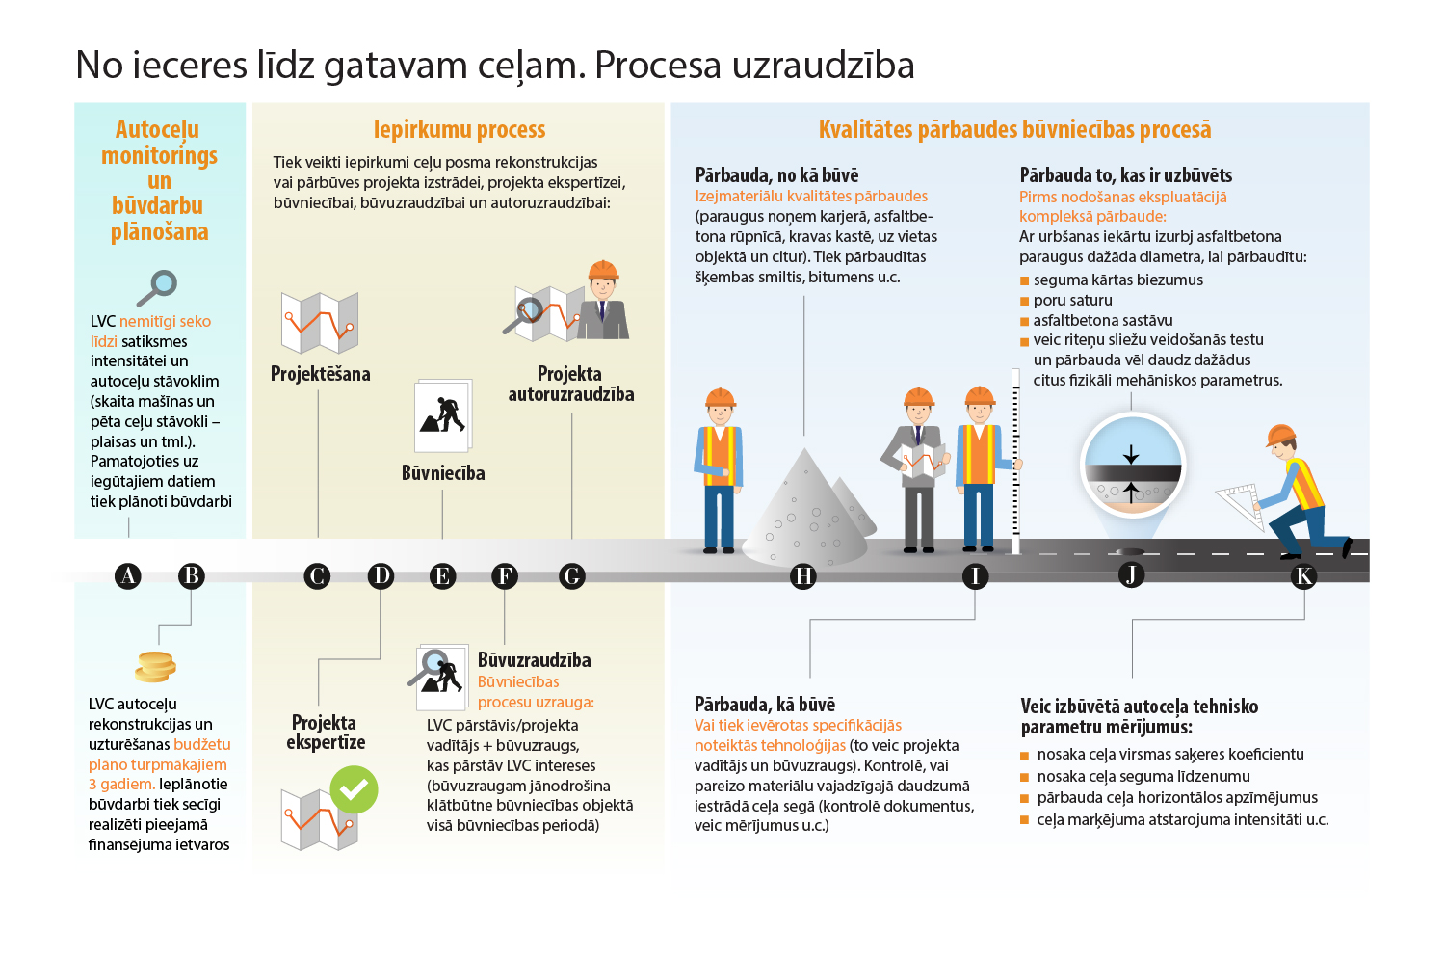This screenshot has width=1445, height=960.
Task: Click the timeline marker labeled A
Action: (x=128, y=576)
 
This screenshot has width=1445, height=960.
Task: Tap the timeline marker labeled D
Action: (x=381, y=576)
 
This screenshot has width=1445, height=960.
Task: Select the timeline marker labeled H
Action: (x=803, y=576)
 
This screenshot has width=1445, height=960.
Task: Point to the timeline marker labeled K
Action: (x=1303, y=576)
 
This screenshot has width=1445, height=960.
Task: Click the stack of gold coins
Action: (x=155, y=666)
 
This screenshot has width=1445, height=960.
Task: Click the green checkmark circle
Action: (x=354, y=790)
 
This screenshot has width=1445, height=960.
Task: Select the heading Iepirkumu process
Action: (x=459, y=130)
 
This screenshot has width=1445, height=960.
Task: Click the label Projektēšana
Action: (x=320, y=374)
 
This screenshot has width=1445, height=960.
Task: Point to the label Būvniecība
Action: (x=443, y=473)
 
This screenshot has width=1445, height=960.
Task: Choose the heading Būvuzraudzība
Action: (x=534, y=660)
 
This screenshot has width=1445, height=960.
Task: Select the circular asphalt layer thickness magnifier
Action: (x=1132, y=467)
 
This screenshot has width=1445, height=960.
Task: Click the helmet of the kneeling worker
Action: (x=1280, y=435)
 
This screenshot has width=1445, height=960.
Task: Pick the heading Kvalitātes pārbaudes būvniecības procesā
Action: (x=1014, y=130)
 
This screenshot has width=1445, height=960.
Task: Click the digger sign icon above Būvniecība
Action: (x=443, y=415)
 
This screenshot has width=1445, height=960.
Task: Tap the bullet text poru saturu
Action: (x=1072, y=301)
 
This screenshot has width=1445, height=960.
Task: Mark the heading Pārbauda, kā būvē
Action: (x=765, y=705)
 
